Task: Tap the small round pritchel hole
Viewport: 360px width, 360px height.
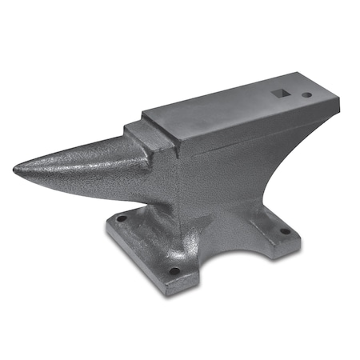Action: (x=306, y=95)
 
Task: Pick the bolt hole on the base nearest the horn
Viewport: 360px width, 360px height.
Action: (x=121, y=217)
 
